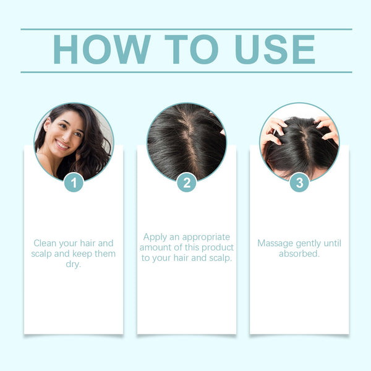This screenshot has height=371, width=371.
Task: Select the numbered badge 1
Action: pyautogui.click(x=74, y=182)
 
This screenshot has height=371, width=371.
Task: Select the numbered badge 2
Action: pyautogui.click(x=186, y=182)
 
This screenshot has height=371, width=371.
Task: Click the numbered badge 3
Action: pyautogui.click(x=299, y=182)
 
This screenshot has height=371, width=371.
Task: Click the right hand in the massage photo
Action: pyautogui.click(x=326, y=129)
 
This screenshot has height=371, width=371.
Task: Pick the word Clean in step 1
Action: pyautogui.click(x=46, y=243)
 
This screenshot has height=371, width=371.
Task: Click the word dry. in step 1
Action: pyautogui.click(x=73, y=264)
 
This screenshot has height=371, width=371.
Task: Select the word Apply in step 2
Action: pyautogui.click(x=156, y=237)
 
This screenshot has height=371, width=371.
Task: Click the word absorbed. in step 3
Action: pyautogui.click(x=299, y=254)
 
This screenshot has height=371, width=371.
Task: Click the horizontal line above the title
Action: pyautogui.click(x=185, y=29)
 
